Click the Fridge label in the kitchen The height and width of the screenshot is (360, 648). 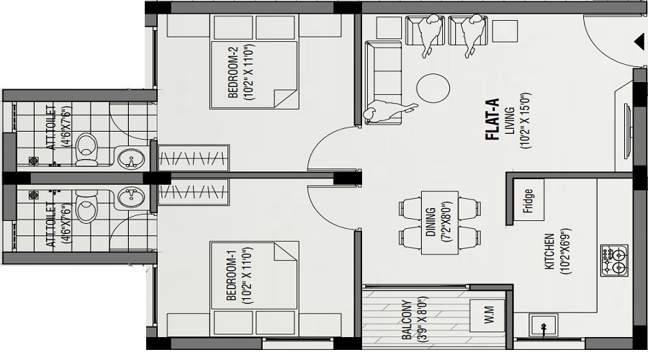(x=529, y=197)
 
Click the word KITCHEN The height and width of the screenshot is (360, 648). (x=549, y=252)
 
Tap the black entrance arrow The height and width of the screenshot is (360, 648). (x=638, y=42)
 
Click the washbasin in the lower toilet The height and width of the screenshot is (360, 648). (x=130, y=197)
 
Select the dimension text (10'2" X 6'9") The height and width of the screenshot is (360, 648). (x=564, y=252)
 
